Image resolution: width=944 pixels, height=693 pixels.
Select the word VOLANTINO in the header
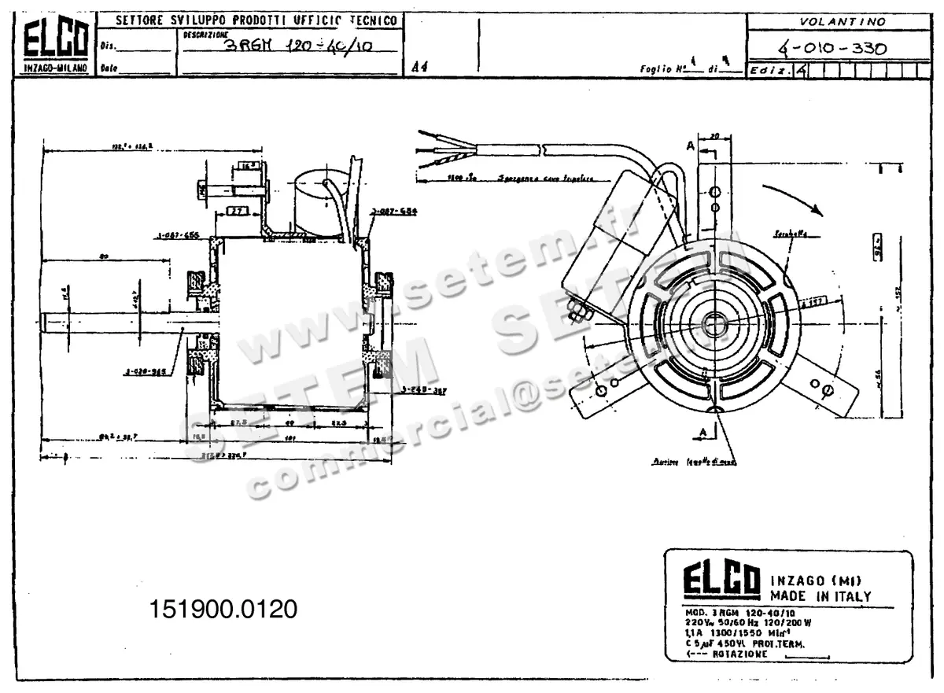(843, 21)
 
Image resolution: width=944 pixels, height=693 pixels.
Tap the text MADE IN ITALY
(820, 596)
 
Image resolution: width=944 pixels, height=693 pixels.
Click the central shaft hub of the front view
(716, 323)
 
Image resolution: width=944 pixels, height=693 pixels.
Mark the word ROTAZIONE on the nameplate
(739, 654)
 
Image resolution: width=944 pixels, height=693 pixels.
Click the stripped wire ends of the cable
(431, 148)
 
